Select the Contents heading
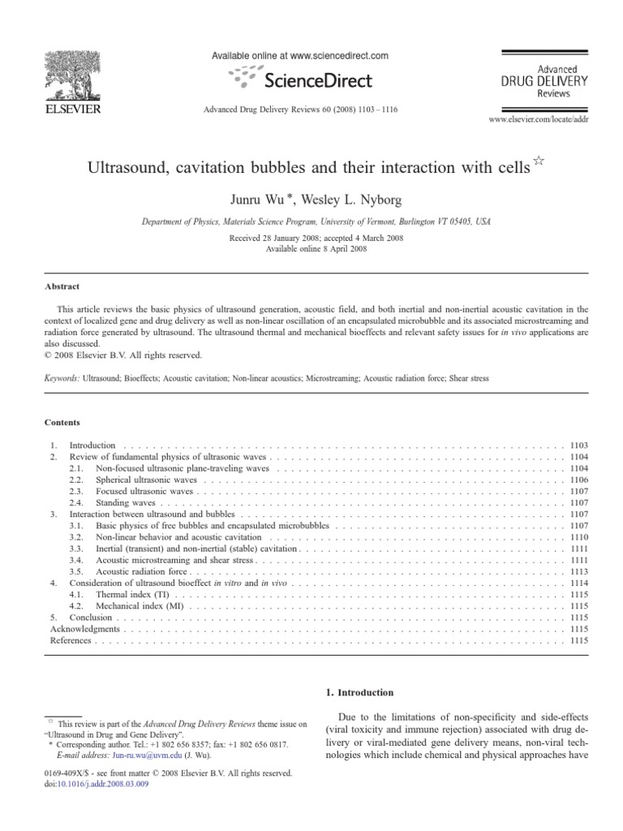click(62, 423)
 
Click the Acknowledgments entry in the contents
click(85, 629)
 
